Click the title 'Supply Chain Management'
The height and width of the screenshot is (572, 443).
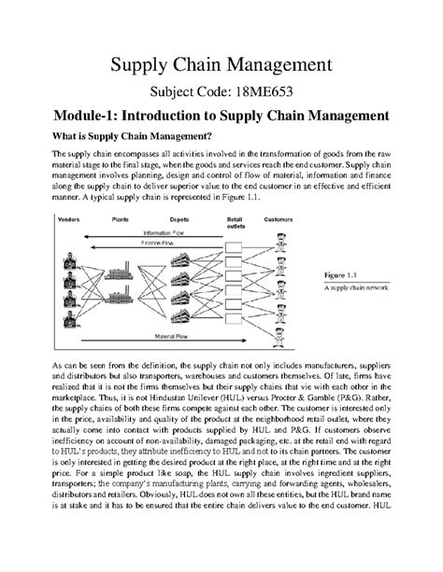tap(221, 64)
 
